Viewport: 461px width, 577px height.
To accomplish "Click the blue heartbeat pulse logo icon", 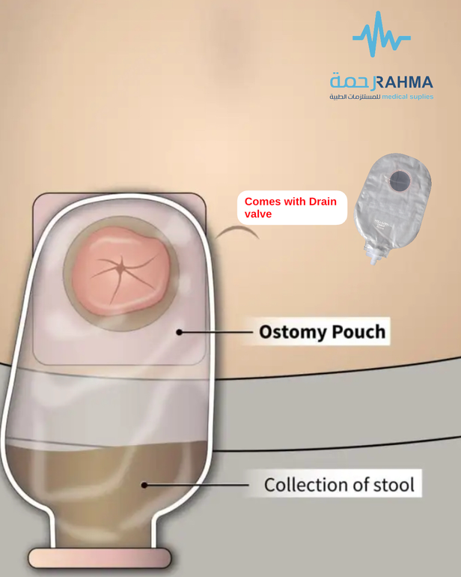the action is [381, 34].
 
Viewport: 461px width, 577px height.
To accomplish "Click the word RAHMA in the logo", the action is [403, 82].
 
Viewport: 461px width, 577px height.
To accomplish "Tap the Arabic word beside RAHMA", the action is [352, 82].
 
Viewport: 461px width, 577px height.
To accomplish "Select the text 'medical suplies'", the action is [407, 97].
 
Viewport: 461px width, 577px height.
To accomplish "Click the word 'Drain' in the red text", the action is [323, 202].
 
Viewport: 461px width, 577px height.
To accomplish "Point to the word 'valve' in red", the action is [258, 214].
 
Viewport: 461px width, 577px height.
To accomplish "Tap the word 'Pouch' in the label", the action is [358, 332].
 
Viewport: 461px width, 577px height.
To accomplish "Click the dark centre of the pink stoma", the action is [120, 268].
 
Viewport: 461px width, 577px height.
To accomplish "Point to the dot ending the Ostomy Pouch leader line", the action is [180, 332].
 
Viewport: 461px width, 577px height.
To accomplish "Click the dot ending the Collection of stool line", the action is [144, 485].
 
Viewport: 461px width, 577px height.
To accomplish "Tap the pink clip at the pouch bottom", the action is [100, 558].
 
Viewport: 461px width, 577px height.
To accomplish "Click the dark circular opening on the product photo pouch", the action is [400, 181].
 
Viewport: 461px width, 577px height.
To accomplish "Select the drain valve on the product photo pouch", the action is [373, 256].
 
